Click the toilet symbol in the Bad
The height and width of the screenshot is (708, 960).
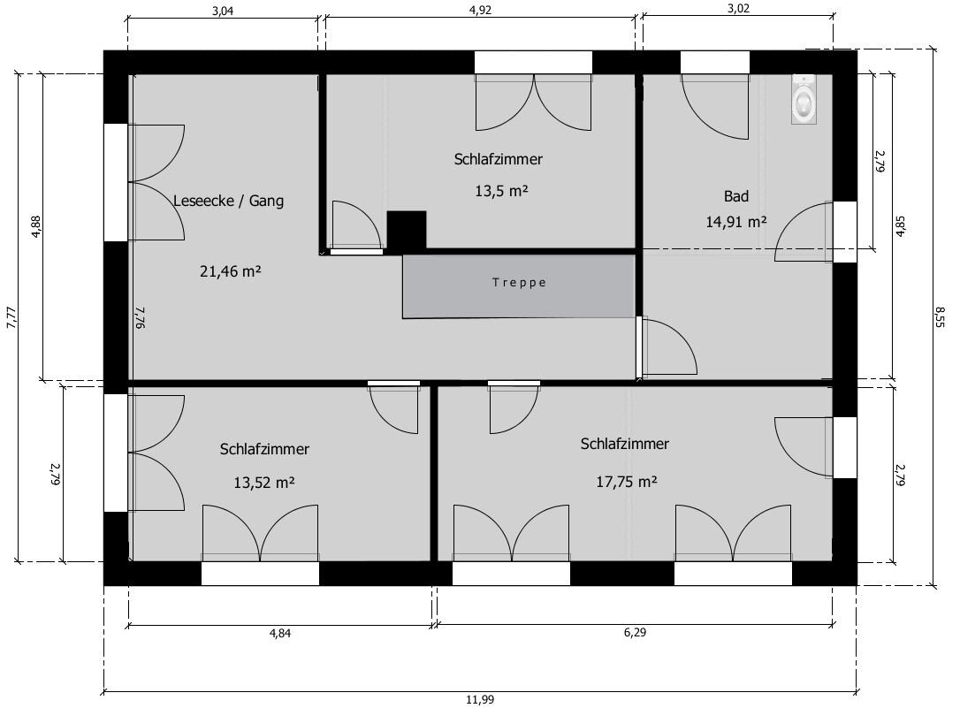tap(804, 99)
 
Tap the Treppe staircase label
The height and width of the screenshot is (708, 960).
tap(519, 283)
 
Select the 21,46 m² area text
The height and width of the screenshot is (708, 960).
tap(230, 270)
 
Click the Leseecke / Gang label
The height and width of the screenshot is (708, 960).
tap(228, 201)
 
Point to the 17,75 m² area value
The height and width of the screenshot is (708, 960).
tap(627, 482)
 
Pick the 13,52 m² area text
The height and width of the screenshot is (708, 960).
tap(264, 483)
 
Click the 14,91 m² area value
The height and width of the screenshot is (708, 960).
tap(736, 222)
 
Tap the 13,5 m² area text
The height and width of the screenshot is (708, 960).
tap(501, 191)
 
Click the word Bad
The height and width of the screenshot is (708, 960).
tap(736, 196)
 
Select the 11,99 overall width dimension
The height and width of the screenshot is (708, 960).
tap(480, 699)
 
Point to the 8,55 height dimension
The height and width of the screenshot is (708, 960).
tap(941, 317)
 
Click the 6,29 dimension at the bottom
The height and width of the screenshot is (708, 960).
tap(635, 632)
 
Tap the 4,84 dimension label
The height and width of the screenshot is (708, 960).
tap(280, 633)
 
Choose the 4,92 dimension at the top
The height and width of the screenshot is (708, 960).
tap(480, 10)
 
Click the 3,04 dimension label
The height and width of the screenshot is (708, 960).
tap(223, 11)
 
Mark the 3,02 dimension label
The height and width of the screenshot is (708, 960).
tap(738, 9)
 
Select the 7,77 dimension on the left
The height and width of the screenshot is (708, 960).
tap(11, 317)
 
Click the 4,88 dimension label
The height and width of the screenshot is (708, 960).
tap(36, 226)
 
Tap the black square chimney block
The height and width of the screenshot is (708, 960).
tap(407, 231)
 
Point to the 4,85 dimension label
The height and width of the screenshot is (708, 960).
tap(901, 225)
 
